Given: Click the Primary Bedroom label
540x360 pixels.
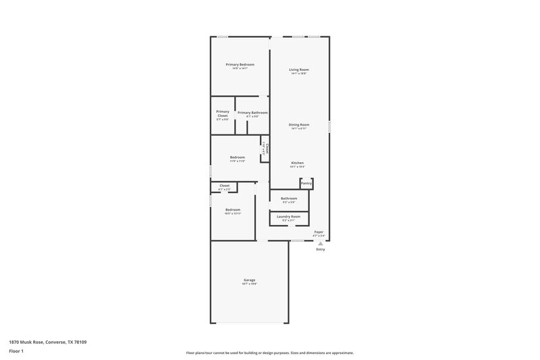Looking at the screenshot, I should point(240,64).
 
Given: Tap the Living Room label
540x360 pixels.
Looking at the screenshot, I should point(299,70).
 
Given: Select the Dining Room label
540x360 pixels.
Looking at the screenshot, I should point(299,124).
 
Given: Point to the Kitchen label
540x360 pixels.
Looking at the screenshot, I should point(298,163).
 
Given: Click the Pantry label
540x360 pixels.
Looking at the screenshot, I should point(306,183).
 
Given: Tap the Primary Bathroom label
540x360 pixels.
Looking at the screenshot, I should point(252,112).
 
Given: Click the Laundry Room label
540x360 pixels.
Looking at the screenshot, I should point(289,216).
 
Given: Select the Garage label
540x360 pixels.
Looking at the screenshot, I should point(250,280).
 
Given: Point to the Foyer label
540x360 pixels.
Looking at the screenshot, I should point(319,232).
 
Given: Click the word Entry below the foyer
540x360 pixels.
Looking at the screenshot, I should point(321,249).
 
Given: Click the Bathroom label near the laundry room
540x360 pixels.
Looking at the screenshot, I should point(289,198).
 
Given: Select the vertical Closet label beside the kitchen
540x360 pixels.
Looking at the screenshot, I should point(267,149).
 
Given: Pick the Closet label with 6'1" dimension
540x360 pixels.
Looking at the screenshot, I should point(224,185).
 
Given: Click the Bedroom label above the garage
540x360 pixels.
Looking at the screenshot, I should point(233,209).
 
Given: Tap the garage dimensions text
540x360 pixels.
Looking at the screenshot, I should point(250,284).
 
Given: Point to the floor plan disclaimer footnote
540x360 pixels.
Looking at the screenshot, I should point(269,353).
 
